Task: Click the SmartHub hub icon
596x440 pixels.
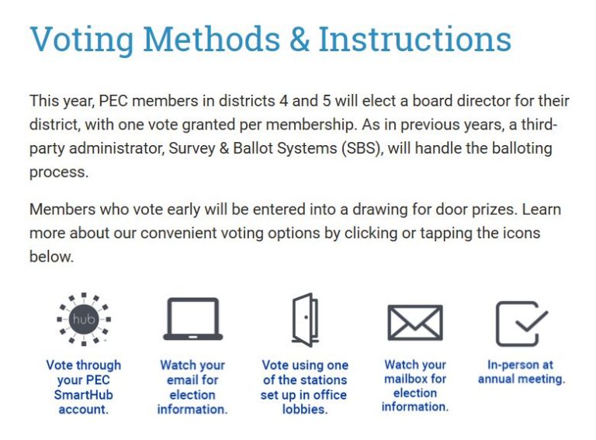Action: (84, 319)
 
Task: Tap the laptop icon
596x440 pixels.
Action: (192, 319)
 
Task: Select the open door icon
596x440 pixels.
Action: (305, 320)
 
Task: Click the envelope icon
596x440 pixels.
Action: (415, 323)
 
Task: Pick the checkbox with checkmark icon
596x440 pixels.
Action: (521, 324)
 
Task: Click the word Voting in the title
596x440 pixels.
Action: (81, 40)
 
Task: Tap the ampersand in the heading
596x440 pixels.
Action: (300, 39)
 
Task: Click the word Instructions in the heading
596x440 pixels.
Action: (414, 39)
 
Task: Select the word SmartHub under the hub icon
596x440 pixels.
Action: (84, 395)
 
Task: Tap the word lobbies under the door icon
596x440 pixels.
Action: (305, 409)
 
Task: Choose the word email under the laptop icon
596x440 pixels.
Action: (182, 380)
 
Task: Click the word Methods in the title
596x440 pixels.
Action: (212, 39)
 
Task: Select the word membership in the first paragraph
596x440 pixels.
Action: (309, 125)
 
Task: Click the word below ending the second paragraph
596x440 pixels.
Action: (51, 257)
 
